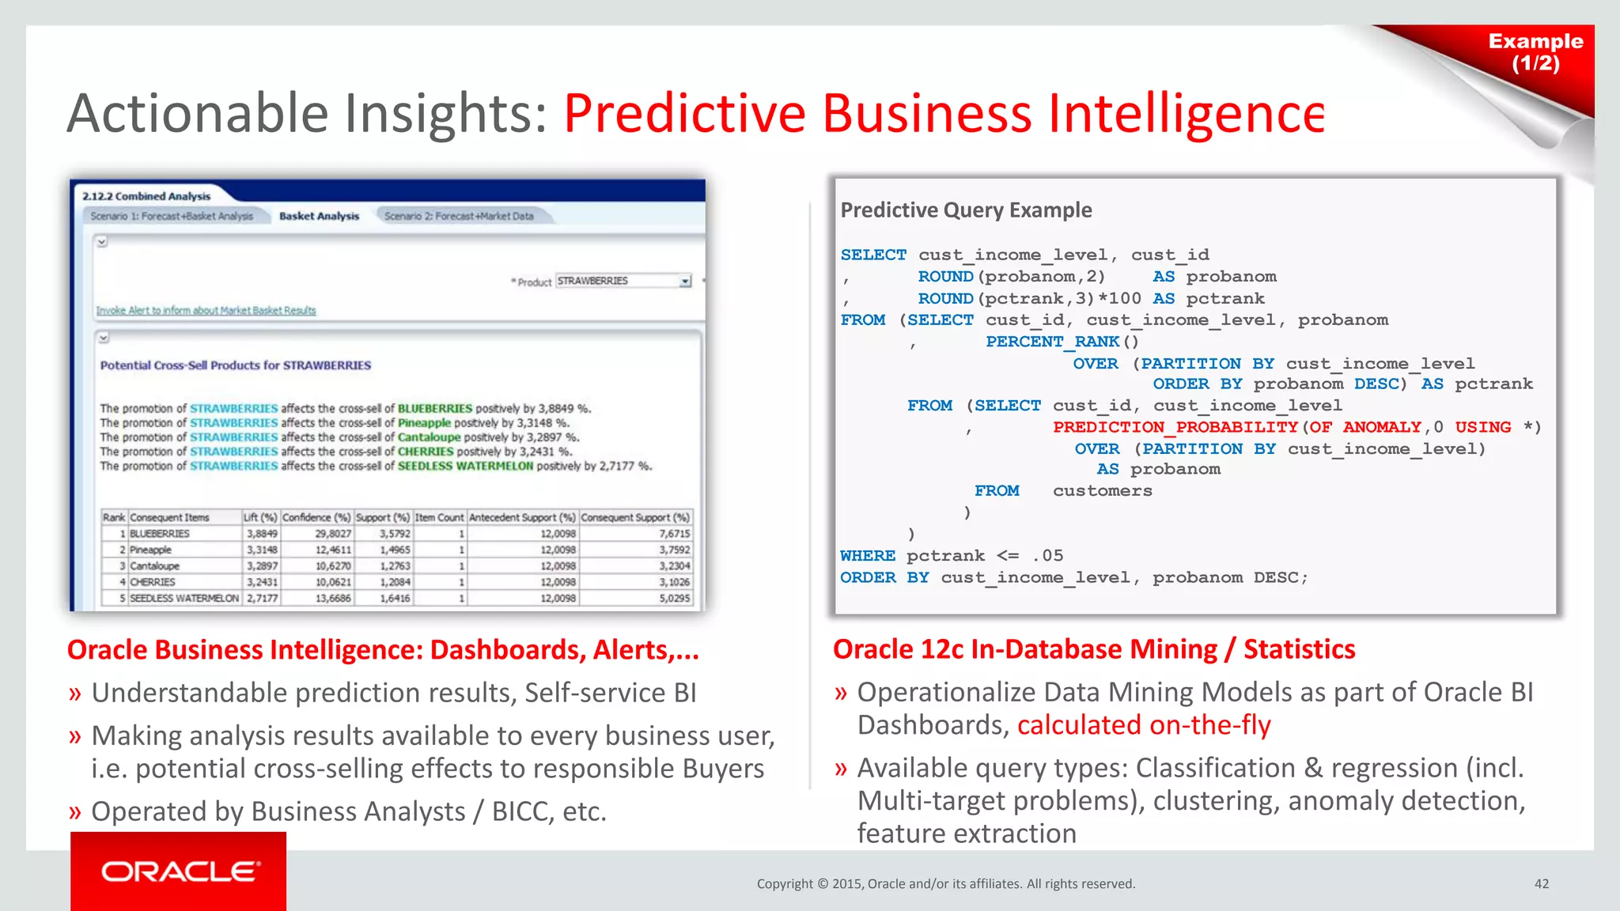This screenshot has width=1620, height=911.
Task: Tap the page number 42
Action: (x=1541, y=884)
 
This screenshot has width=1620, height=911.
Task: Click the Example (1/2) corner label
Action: (x=1535, y=52)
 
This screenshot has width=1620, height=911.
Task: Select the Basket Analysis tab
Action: (x=319, y=216)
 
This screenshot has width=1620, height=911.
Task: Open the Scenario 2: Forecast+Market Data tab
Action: (x=459, y=216)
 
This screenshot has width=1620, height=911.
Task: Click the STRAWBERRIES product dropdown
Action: (x=623, y=281)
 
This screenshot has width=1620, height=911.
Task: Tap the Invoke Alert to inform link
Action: (x=206, y=311)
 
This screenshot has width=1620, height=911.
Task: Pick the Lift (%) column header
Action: (x=260, y=517)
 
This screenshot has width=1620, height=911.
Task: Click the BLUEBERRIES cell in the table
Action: (x=160, y=534)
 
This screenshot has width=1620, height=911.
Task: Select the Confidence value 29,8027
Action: (x=332, y=534)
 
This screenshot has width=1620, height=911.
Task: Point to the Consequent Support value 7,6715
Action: (x=674, y=534)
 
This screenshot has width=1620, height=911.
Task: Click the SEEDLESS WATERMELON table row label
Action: (x=184, y=599)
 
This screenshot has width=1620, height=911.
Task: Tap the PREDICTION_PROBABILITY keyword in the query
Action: (x=1175, y=427)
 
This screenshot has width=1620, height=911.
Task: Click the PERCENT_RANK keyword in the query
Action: (x=1052, y=342)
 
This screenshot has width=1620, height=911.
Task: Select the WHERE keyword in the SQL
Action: (x=867, y=556)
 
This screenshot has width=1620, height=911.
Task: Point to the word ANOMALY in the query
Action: (x=1382, y=427)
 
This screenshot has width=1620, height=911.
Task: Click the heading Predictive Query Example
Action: (x=966, y=210)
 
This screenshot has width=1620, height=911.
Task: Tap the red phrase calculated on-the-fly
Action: (x=1144, y=725)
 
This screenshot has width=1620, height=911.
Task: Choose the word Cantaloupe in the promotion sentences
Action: (x=429, y=437)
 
